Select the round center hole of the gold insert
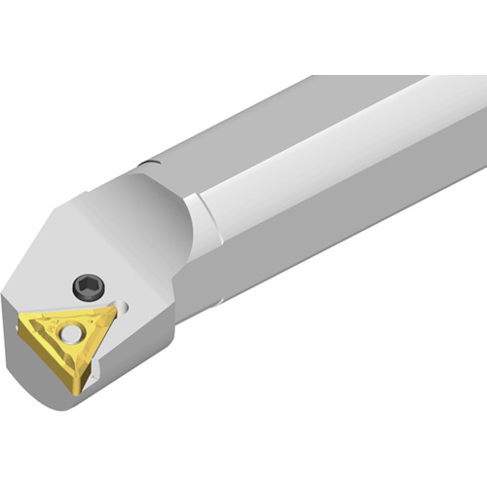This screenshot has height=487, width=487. (x=72, y=331)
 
